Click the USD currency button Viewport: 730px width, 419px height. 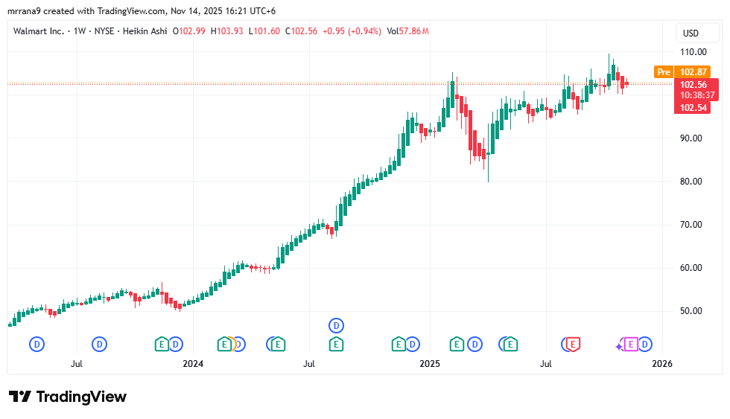(691, 33)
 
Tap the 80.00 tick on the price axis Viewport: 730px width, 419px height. (691, 182)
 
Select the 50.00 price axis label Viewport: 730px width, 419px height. (691, 311)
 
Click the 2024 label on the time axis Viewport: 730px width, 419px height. (193, 364)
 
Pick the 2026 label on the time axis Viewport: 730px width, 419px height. (661, 364)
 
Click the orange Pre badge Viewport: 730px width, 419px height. (663, 72)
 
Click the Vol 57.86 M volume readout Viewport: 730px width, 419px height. (407, 31)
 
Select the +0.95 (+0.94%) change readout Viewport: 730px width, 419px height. (352, 31)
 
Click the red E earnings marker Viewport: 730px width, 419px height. (573, 344)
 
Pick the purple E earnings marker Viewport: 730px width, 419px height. (631, 344)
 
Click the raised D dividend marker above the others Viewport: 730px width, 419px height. (337, 325)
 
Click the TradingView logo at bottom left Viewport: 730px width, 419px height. (68, 397)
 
